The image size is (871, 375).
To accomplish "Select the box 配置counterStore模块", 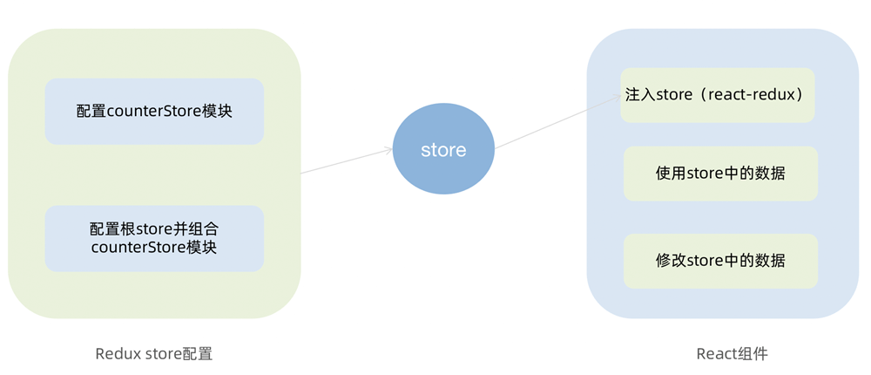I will pyautogui.click(x=154, y=112).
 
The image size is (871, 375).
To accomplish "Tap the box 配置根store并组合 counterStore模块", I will pyautogui.click(x=154, y=238).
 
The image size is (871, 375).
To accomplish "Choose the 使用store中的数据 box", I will pyautogui.click(x=720, y=174).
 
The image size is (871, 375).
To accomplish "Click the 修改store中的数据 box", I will pyautogui.click(x=720, y=261).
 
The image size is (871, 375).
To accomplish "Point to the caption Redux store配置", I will pyautogui.click(x=154, y=353).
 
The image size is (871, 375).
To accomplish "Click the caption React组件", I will pyautogui.click(x=733, y=353).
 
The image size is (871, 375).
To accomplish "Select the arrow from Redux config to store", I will pyautogui.click(x=346, y=161).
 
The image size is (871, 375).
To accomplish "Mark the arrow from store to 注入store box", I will pyautogui.click(x=557, y=122).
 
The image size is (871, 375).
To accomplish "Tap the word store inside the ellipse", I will pyautogui.click(x=443, y=150).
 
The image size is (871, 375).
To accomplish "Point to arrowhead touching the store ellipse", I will pyautogui.click(x=388, y=151).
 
